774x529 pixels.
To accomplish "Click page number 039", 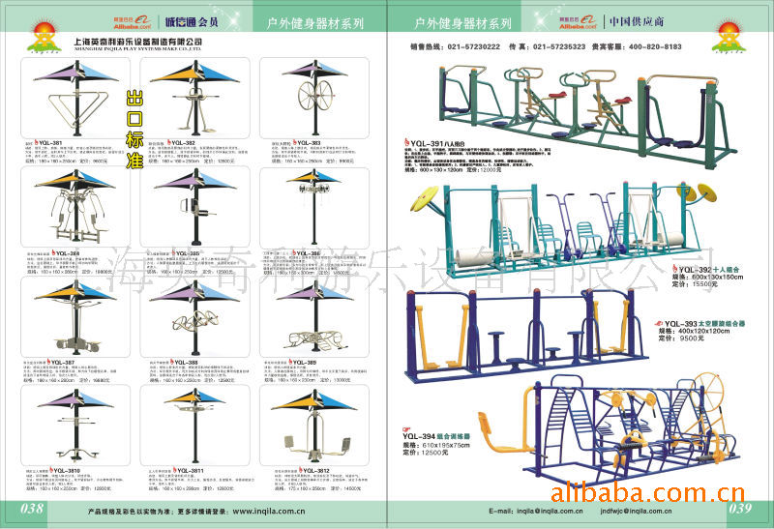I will [x=740, y=509].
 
